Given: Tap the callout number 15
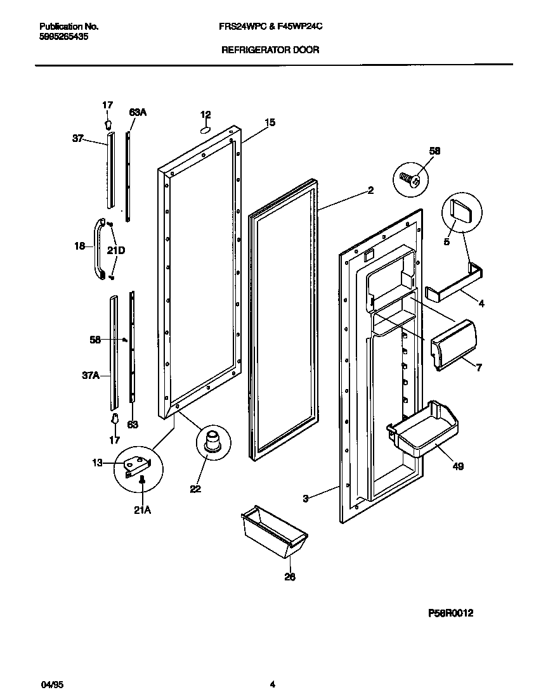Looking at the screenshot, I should click(x=270, y=123).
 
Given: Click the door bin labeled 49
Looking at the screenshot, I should click(x=424, y=429).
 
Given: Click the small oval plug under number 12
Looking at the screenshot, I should click(x=205, y=129).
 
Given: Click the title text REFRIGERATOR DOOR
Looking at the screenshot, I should click(x=270, y=49).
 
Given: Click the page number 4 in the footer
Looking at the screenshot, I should click(x=273, y=684).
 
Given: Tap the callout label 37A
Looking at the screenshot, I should click(x=91, y=375).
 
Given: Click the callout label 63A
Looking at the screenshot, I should click(x=138, y=112).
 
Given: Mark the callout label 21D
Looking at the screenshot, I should click(x=116, y=250).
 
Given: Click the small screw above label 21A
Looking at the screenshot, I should click(x=142, y=481).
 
